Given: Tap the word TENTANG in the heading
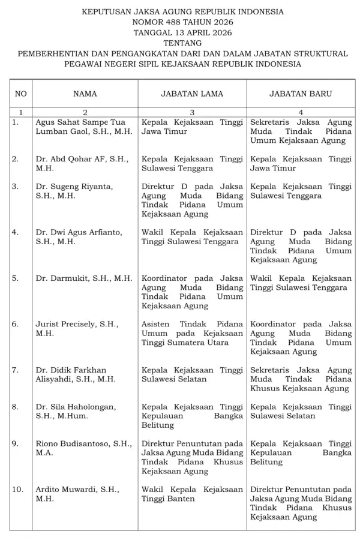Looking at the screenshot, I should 182,43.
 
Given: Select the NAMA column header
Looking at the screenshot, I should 85,94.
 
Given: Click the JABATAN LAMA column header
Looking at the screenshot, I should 192,94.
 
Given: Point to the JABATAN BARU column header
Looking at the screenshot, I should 301,94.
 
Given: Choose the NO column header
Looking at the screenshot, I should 21,94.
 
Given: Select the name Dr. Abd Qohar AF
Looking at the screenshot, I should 79,164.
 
